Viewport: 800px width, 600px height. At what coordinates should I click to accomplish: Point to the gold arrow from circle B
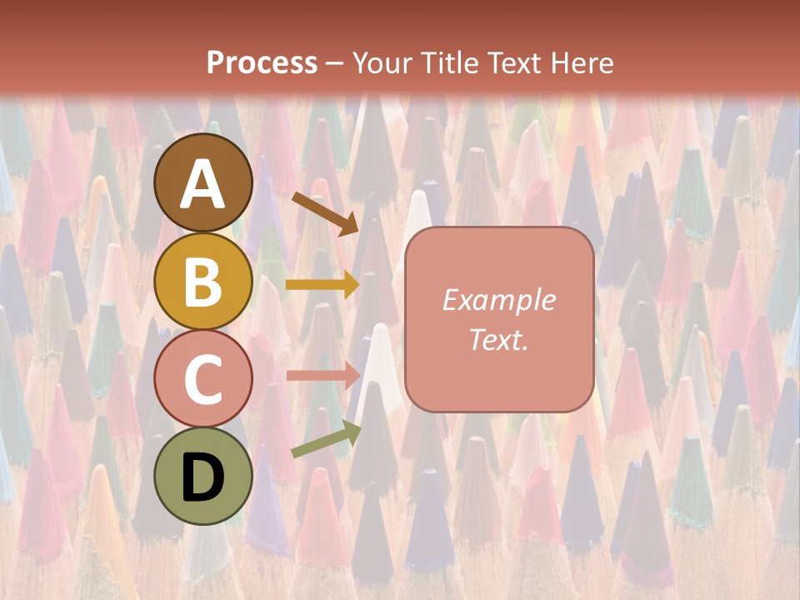322,285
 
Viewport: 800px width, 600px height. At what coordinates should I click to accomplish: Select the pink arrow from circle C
322,375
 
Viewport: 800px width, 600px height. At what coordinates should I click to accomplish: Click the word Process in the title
262,62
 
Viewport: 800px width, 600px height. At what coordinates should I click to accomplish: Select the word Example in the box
499,300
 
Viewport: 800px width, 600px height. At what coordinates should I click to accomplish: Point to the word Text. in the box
499,339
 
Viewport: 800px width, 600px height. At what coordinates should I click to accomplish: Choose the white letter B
203,282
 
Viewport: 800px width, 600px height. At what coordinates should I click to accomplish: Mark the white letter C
203,380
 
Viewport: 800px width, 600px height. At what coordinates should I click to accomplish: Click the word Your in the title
379,62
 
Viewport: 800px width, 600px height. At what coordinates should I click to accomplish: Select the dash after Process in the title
335,64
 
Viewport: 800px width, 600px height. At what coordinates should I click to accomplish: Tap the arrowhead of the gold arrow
351,285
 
